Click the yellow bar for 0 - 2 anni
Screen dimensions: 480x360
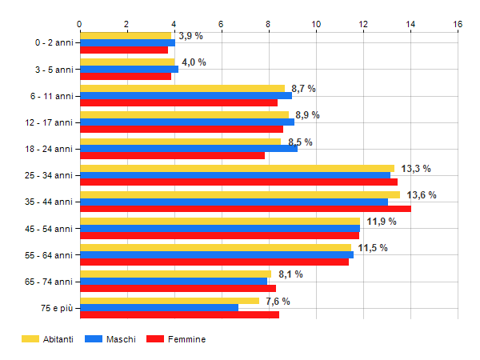tap(126, 35)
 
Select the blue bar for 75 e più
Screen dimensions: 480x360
tap(159, 308)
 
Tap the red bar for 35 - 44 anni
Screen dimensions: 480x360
tap(246, 209)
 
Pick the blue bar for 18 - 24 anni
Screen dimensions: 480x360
tap(189, 149)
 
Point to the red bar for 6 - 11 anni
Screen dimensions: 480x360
tap(178, 102)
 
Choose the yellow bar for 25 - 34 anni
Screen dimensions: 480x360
tap(238, 168)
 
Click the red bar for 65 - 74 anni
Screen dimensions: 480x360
tap(178, 288)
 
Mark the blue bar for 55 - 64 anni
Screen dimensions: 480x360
tap(217, 254)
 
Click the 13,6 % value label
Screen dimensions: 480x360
tap(422, 195)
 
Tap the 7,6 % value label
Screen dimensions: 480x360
tap(278, 302)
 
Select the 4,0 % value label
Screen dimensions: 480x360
tap(194, 62)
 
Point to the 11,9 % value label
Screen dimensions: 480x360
tap(382, 222)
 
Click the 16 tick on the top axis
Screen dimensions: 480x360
tap(458, 24)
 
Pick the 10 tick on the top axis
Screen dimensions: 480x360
tap(316, 24)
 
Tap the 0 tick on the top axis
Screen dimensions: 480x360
tap(79, 24)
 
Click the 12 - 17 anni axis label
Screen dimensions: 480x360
tap(49, 122)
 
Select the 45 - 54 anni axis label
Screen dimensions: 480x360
tap(49, 229)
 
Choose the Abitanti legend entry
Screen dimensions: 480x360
tap(47, 339)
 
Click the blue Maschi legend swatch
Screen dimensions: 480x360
tap(94, 339)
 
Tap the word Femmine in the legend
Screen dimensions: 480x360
tap(186, 339)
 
